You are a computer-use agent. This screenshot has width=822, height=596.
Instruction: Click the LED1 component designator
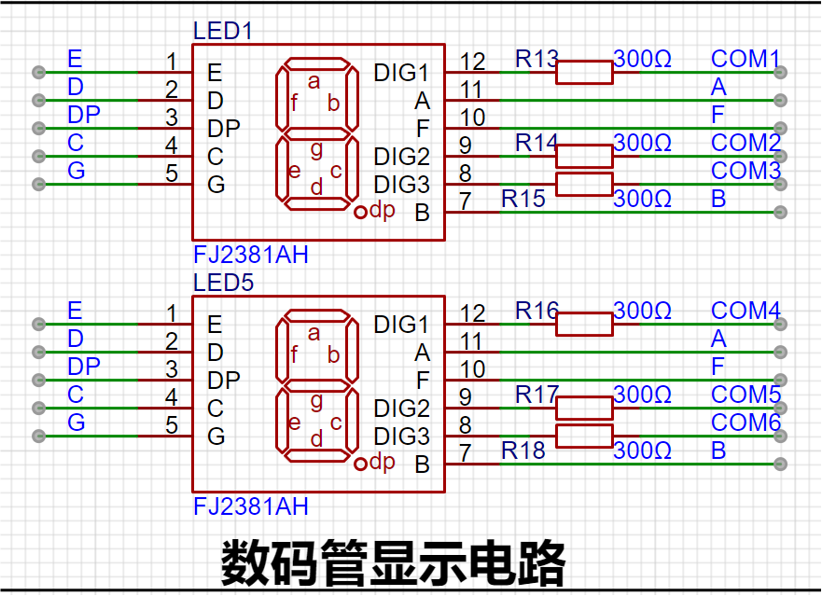coord(223,31)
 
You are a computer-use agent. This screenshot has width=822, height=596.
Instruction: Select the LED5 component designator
coord(223,283)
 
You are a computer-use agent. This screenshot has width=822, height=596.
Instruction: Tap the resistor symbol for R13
coord(584,73)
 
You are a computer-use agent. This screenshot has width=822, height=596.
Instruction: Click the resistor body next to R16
coord(584,324)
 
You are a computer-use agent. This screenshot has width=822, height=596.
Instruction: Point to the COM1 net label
coord(745,59)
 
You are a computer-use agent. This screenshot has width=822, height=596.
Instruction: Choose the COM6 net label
coord(745,423)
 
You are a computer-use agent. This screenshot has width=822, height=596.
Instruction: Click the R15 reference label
coord(523,199)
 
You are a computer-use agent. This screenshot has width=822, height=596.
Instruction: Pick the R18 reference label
coord(523,450)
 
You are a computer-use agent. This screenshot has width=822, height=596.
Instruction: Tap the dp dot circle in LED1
coord(360,213)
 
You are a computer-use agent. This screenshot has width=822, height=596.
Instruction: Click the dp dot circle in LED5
coord(360,464)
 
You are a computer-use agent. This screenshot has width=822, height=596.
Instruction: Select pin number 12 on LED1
coord(472,62)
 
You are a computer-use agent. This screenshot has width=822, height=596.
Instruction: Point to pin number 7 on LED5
coord(465,453)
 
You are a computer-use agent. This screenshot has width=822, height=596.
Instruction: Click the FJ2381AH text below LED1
coord(251,255)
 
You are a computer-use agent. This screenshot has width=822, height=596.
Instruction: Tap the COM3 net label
coord(745,171)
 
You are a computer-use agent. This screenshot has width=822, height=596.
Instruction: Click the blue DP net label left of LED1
coord(84,115)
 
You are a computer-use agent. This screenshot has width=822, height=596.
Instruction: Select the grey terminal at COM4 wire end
coord(780,324)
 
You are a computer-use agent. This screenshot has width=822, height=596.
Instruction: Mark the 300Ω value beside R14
coord(642,143)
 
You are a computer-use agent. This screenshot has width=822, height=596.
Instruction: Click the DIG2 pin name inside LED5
coord(401,409)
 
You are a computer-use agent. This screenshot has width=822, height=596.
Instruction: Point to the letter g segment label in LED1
coord(316,150)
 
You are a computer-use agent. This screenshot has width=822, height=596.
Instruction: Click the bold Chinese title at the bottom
coord(393,563)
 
